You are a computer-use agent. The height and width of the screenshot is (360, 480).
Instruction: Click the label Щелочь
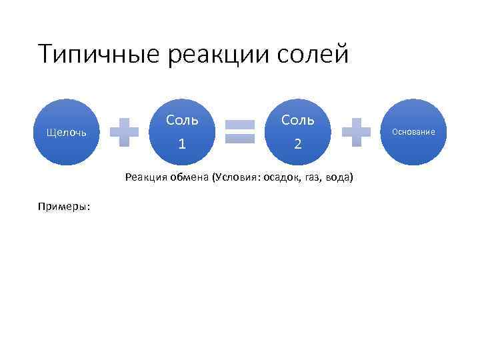[65, 132]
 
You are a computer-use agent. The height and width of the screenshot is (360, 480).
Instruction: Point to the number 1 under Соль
[182, 143]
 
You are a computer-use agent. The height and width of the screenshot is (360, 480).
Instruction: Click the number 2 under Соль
[298, 143]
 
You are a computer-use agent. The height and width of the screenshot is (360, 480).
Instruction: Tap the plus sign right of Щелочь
[124, 132]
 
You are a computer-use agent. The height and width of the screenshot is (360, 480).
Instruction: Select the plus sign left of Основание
[356, 132]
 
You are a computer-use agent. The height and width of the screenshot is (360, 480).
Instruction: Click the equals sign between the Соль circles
[240, 132]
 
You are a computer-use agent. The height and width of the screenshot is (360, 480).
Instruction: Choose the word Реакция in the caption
[145, 178]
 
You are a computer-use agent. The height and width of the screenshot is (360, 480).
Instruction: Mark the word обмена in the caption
[188, 178]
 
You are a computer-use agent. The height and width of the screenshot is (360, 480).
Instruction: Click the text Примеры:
[65, 206]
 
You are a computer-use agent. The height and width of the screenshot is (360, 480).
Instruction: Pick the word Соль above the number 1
[182, 120]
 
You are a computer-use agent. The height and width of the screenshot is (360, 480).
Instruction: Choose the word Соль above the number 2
[298, 120]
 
